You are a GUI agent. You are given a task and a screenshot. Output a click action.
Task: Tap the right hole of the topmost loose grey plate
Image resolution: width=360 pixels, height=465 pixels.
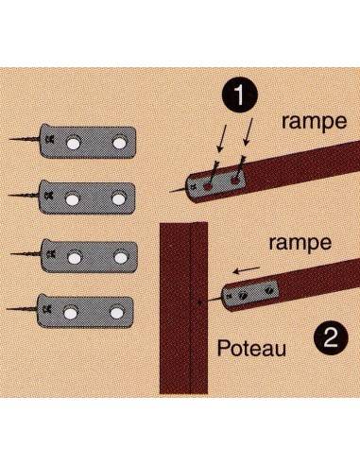pos(120,143)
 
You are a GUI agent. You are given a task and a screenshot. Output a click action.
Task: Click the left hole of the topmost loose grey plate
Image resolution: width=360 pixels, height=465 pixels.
pos(75,143)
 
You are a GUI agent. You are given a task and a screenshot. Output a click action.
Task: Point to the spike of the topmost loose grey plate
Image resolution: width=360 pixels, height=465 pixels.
pos(24,141)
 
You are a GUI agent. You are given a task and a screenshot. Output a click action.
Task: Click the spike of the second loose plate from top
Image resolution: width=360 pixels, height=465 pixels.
pos(24,197)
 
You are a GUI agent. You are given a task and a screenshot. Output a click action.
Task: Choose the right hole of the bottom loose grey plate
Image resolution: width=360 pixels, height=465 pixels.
pos(118,309)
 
